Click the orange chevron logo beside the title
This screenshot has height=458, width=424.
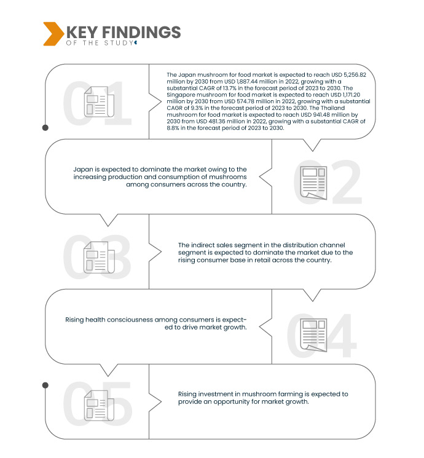click(52, 33)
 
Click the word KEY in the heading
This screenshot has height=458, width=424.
click(80, 32)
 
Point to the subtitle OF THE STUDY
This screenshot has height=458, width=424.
click(98, 43)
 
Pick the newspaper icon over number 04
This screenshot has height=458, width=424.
click(313, 334)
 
